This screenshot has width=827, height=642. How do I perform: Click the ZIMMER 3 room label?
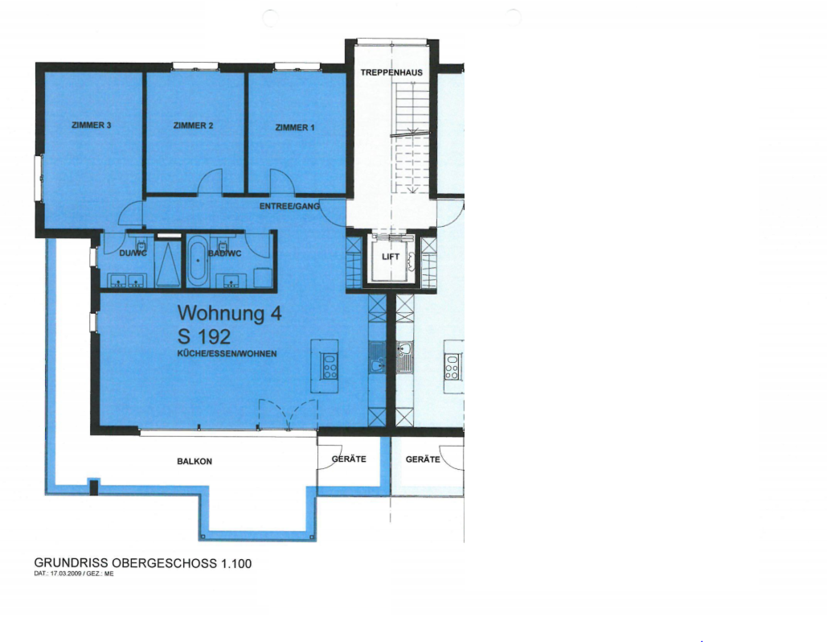click(92, 126)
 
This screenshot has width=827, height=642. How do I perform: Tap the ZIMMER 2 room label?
click(193, 126)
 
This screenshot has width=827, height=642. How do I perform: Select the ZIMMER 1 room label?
click(295, 127)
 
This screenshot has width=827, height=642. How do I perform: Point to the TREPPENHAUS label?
click(391, 72)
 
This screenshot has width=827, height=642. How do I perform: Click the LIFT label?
click(391, 257)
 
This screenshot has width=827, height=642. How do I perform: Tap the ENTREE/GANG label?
click(289, 206)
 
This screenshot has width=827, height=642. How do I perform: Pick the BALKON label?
click(194, 462)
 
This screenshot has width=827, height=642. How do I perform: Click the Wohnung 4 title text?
click(229, 313)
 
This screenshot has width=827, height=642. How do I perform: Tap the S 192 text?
click(204, 336)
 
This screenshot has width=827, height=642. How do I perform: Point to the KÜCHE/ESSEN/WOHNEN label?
click(227, 354)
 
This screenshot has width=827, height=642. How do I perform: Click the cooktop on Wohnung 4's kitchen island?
click(330, 366)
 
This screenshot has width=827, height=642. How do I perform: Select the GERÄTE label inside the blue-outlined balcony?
click(349, 459)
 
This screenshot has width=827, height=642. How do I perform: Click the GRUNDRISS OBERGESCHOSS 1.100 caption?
click(143, 563)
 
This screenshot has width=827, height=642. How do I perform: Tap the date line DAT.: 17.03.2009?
click(74, 574)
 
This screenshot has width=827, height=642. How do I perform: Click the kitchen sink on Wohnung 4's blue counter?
click(377, 357)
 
